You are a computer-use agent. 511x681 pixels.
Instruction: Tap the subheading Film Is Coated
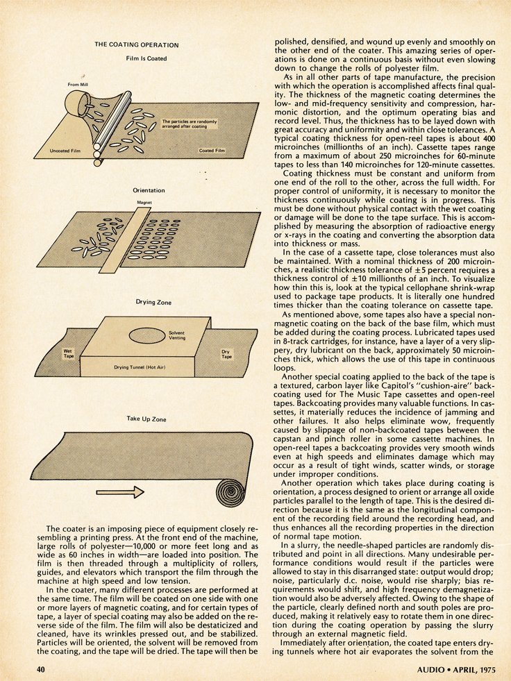coord(146,58)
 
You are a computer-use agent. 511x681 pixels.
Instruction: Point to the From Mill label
coord(78,85)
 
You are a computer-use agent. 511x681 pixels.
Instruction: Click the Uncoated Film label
coord(66,150)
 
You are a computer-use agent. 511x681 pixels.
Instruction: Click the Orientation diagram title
coord(149,190)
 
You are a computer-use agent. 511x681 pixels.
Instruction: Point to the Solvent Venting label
coord(176,335)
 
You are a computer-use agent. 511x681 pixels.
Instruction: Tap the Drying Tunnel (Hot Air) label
coord(137,366)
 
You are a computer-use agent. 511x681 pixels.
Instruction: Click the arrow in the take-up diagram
coord(120,492)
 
